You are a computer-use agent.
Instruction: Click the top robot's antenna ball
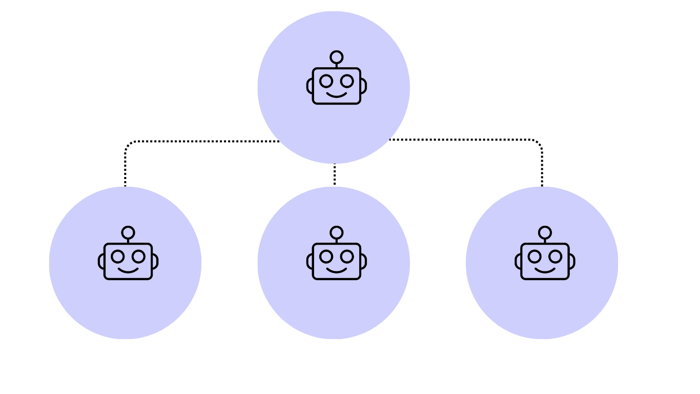[x=336, y=57]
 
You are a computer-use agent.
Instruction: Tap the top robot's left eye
[x=326, y=81]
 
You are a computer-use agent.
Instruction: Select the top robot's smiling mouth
[x=337, y=95]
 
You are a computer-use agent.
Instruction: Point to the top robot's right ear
[x=363, y=86]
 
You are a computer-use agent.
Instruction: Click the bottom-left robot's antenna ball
[x=128, y=232]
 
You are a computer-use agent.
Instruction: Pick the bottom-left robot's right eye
[x=138, y=257]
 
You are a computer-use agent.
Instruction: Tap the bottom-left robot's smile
[x=128, y=270]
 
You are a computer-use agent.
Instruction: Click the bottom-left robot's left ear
[x=101, y=262]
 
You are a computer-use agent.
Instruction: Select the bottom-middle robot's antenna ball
[x=336, y=232]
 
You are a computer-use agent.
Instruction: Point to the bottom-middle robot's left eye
[x=326, y=257]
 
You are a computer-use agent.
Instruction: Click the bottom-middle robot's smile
[x=337, y=270]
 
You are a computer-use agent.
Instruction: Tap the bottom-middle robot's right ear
[x=363, y=262]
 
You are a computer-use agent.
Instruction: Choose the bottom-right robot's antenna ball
[x=545, y=232]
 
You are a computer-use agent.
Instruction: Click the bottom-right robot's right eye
[x=555, y=257]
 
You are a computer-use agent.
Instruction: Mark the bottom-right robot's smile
[x=545, y=270]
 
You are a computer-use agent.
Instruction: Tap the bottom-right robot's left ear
[x=518, y=262]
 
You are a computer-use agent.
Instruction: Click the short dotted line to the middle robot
[x=335, y=175]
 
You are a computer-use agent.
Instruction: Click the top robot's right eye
[x=347, y=81]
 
